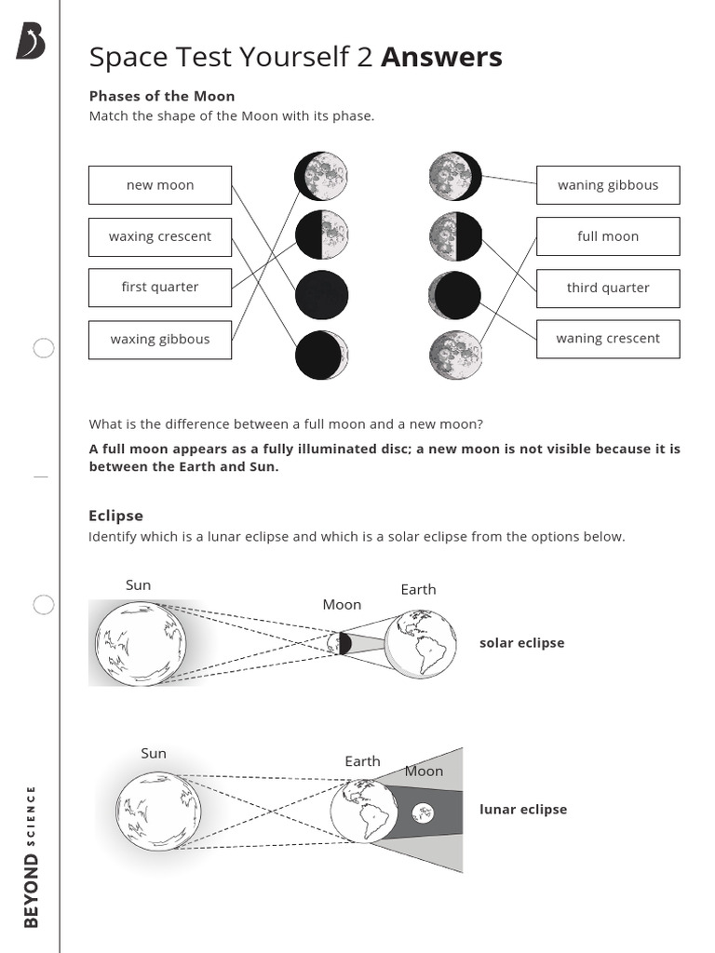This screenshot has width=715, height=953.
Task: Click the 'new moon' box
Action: [160, 185]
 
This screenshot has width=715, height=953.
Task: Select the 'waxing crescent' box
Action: [160, 236]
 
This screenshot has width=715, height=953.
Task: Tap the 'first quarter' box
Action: [160, 287]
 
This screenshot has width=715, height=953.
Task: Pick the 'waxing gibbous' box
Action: [160, 339]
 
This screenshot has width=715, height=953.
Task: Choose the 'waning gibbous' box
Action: [608, 185]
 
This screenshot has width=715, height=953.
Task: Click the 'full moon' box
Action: [608, 236]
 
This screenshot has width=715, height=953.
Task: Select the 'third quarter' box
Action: [608, 288]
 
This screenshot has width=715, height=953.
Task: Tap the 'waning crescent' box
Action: [608, 339]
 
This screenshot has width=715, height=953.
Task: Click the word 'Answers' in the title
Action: [441, 58]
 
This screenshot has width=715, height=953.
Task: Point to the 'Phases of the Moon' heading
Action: [162, 96]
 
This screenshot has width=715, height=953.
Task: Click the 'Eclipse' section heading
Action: [116, 516]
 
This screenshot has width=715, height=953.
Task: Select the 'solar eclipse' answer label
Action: [521, 643]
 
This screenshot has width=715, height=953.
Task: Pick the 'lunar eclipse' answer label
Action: [523, 810]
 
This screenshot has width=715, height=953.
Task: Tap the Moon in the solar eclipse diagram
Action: [340, 643]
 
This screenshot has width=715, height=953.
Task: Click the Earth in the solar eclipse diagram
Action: [421, 643]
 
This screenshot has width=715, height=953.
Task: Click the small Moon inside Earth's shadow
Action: [423, 812]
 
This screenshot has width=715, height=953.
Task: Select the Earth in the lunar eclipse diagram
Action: [364, 810]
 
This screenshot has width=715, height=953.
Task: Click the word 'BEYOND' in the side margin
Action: [31, 891]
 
